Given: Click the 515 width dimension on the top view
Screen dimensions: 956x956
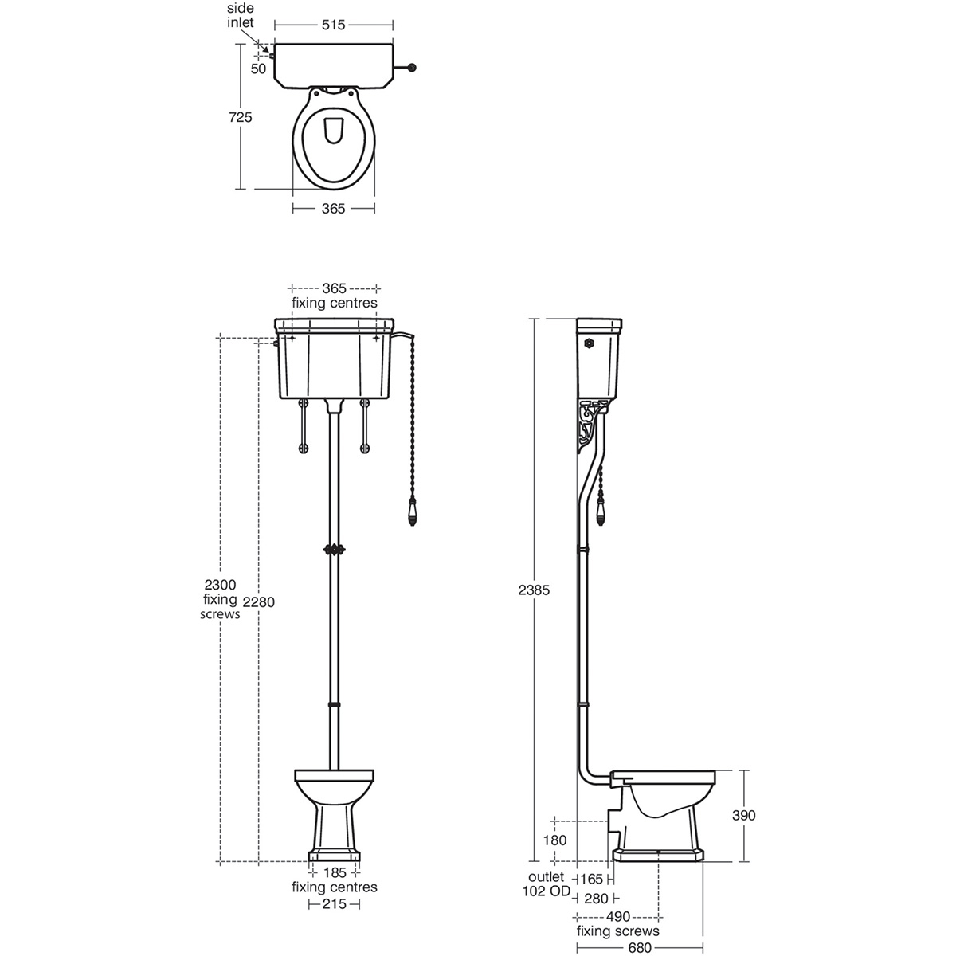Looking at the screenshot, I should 334,25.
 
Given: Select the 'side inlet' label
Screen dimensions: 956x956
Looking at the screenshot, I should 240,15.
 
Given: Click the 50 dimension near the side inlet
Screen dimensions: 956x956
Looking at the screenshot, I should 258,69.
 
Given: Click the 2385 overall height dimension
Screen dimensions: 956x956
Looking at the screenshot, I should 535,590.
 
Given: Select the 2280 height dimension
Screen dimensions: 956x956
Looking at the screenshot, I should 259,601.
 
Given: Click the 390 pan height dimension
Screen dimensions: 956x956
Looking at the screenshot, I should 742,815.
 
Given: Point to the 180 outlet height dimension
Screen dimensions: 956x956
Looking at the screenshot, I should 555,840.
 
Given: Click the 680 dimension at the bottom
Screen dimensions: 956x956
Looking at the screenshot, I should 639,948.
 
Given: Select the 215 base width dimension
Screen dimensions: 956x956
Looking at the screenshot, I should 335,904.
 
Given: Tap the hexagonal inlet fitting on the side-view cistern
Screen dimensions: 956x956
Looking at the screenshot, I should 589,343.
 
